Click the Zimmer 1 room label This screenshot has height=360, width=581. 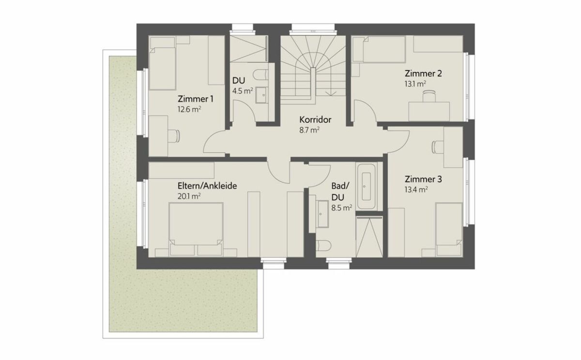coord(195,99)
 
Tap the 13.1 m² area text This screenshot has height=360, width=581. coord(415,84)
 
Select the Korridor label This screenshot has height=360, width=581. coord(315,120)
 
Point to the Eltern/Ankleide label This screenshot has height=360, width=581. coord(207,186)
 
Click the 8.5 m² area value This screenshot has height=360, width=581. coord(342,208)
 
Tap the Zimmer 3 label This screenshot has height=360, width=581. coord(423,179)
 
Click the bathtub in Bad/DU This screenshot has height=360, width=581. coord(366,186)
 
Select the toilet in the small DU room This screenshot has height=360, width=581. coord(260,75)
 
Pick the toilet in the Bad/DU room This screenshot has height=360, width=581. coord(323,245)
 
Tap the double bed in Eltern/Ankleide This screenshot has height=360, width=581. coord(196,229)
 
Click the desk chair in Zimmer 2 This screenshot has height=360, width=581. coord(429,96)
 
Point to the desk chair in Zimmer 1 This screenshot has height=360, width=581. coord(173,136)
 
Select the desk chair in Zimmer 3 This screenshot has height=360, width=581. coord(438,147)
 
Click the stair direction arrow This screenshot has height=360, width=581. coord(331,93)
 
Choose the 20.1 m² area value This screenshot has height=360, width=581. coord(189,196)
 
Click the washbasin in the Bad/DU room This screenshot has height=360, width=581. coord(323,214)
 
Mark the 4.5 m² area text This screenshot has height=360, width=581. coord(243,91)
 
